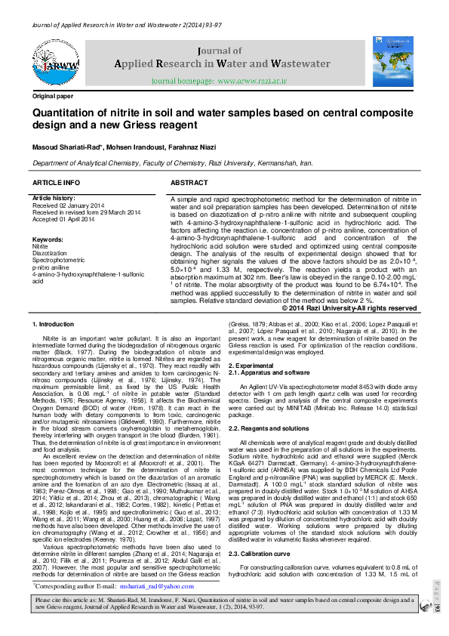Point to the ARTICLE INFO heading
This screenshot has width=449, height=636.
(56, 184)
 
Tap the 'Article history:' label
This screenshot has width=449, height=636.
(54, 198)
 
